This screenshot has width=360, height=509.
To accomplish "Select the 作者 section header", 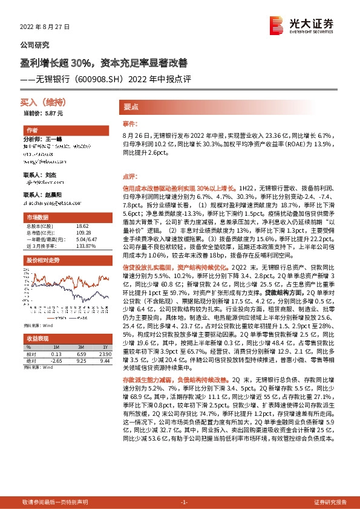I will pos(32,131).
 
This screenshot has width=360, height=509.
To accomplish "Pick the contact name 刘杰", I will pos(52,174).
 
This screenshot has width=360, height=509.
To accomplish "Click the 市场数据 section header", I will pos(37,216).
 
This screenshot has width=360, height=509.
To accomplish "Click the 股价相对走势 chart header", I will pos(42,260).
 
